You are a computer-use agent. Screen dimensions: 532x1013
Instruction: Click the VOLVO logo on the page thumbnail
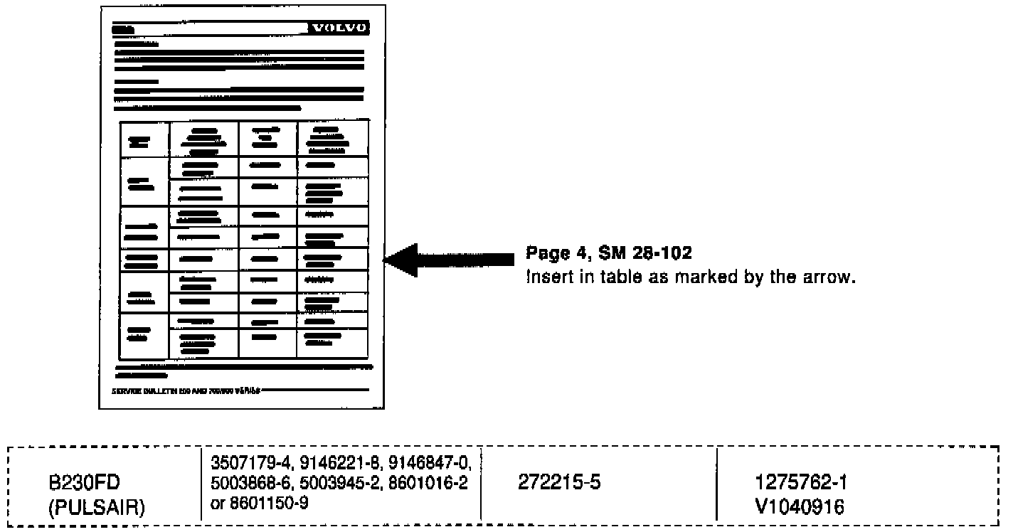point(339,28)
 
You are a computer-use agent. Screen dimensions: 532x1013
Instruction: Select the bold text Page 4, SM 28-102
point(608,253)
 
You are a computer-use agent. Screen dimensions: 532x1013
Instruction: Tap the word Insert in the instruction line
point(543,277)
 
